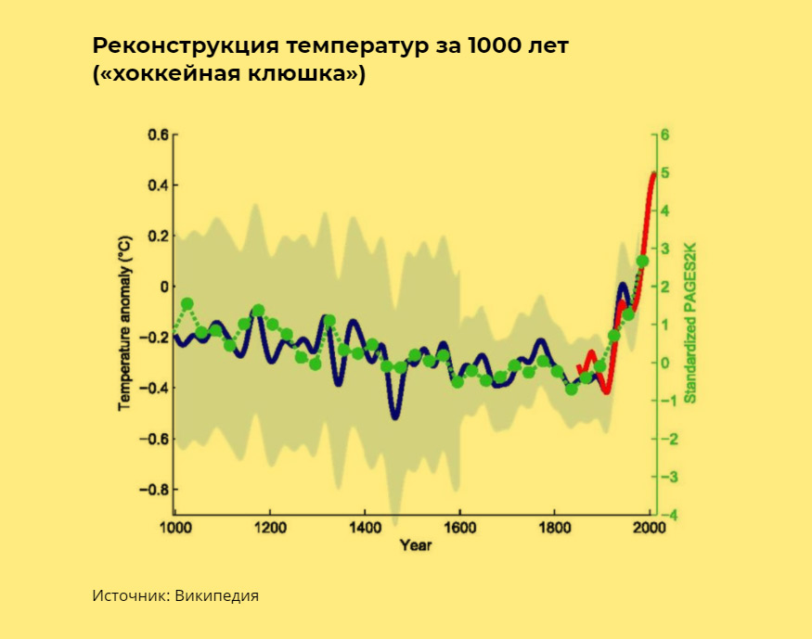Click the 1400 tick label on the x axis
click(365, 527)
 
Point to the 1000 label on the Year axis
click(174, 527)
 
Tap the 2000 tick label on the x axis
click(650, 527)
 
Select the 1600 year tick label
click(459, 527)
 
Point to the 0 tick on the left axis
click(163, 287)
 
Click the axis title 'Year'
click(415, 545)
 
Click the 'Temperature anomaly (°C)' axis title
click(122, 323)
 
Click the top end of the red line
click(653, 174)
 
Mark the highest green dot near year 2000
click(642, 261)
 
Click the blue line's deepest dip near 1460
click(395, 416)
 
